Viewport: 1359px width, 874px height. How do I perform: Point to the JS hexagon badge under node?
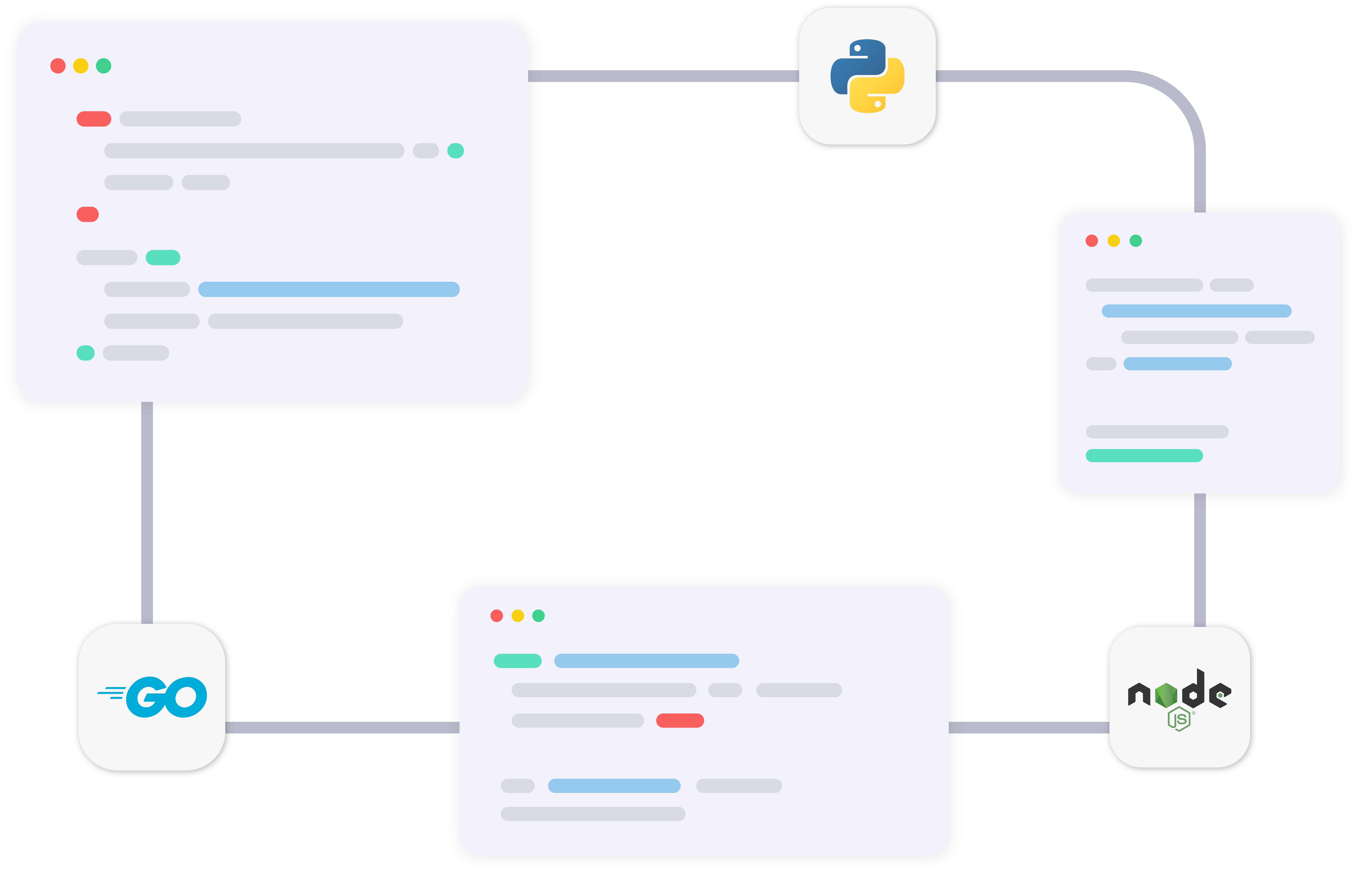tap(1179, 719)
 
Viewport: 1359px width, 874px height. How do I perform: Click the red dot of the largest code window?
tap(58, 66)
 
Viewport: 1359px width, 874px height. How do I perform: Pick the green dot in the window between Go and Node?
tap(538, 616)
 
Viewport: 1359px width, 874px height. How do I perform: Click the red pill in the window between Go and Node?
tap(680, 721)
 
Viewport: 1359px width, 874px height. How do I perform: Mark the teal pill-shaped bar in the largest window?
tap(163, 258)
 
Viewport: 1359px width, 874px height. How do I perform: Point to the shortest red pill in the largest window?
tap(87, 215)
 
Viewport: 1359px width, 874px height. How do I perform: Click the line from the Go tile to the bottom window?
tap(342, 728)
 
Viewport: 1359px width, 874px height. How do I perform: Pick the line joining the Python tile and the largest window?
tap(663, 76)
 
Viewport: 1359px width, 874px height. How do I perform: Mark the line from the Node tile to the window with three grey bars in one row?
tap(1029, 728)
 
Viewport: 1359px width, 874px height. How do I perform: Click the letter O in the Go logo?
tap(186, 697)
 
